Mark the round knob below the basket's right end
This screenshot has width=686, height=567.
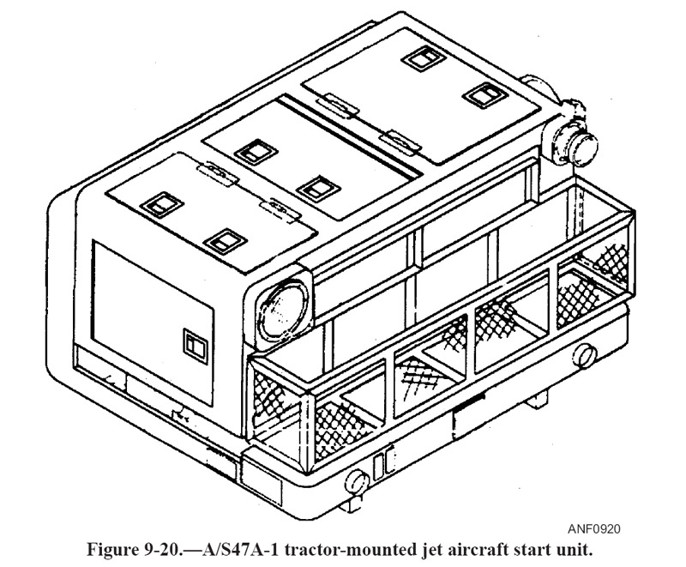tap(587, 354)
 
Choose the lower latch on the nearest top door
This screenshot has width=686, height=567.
tap(226, 241)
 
